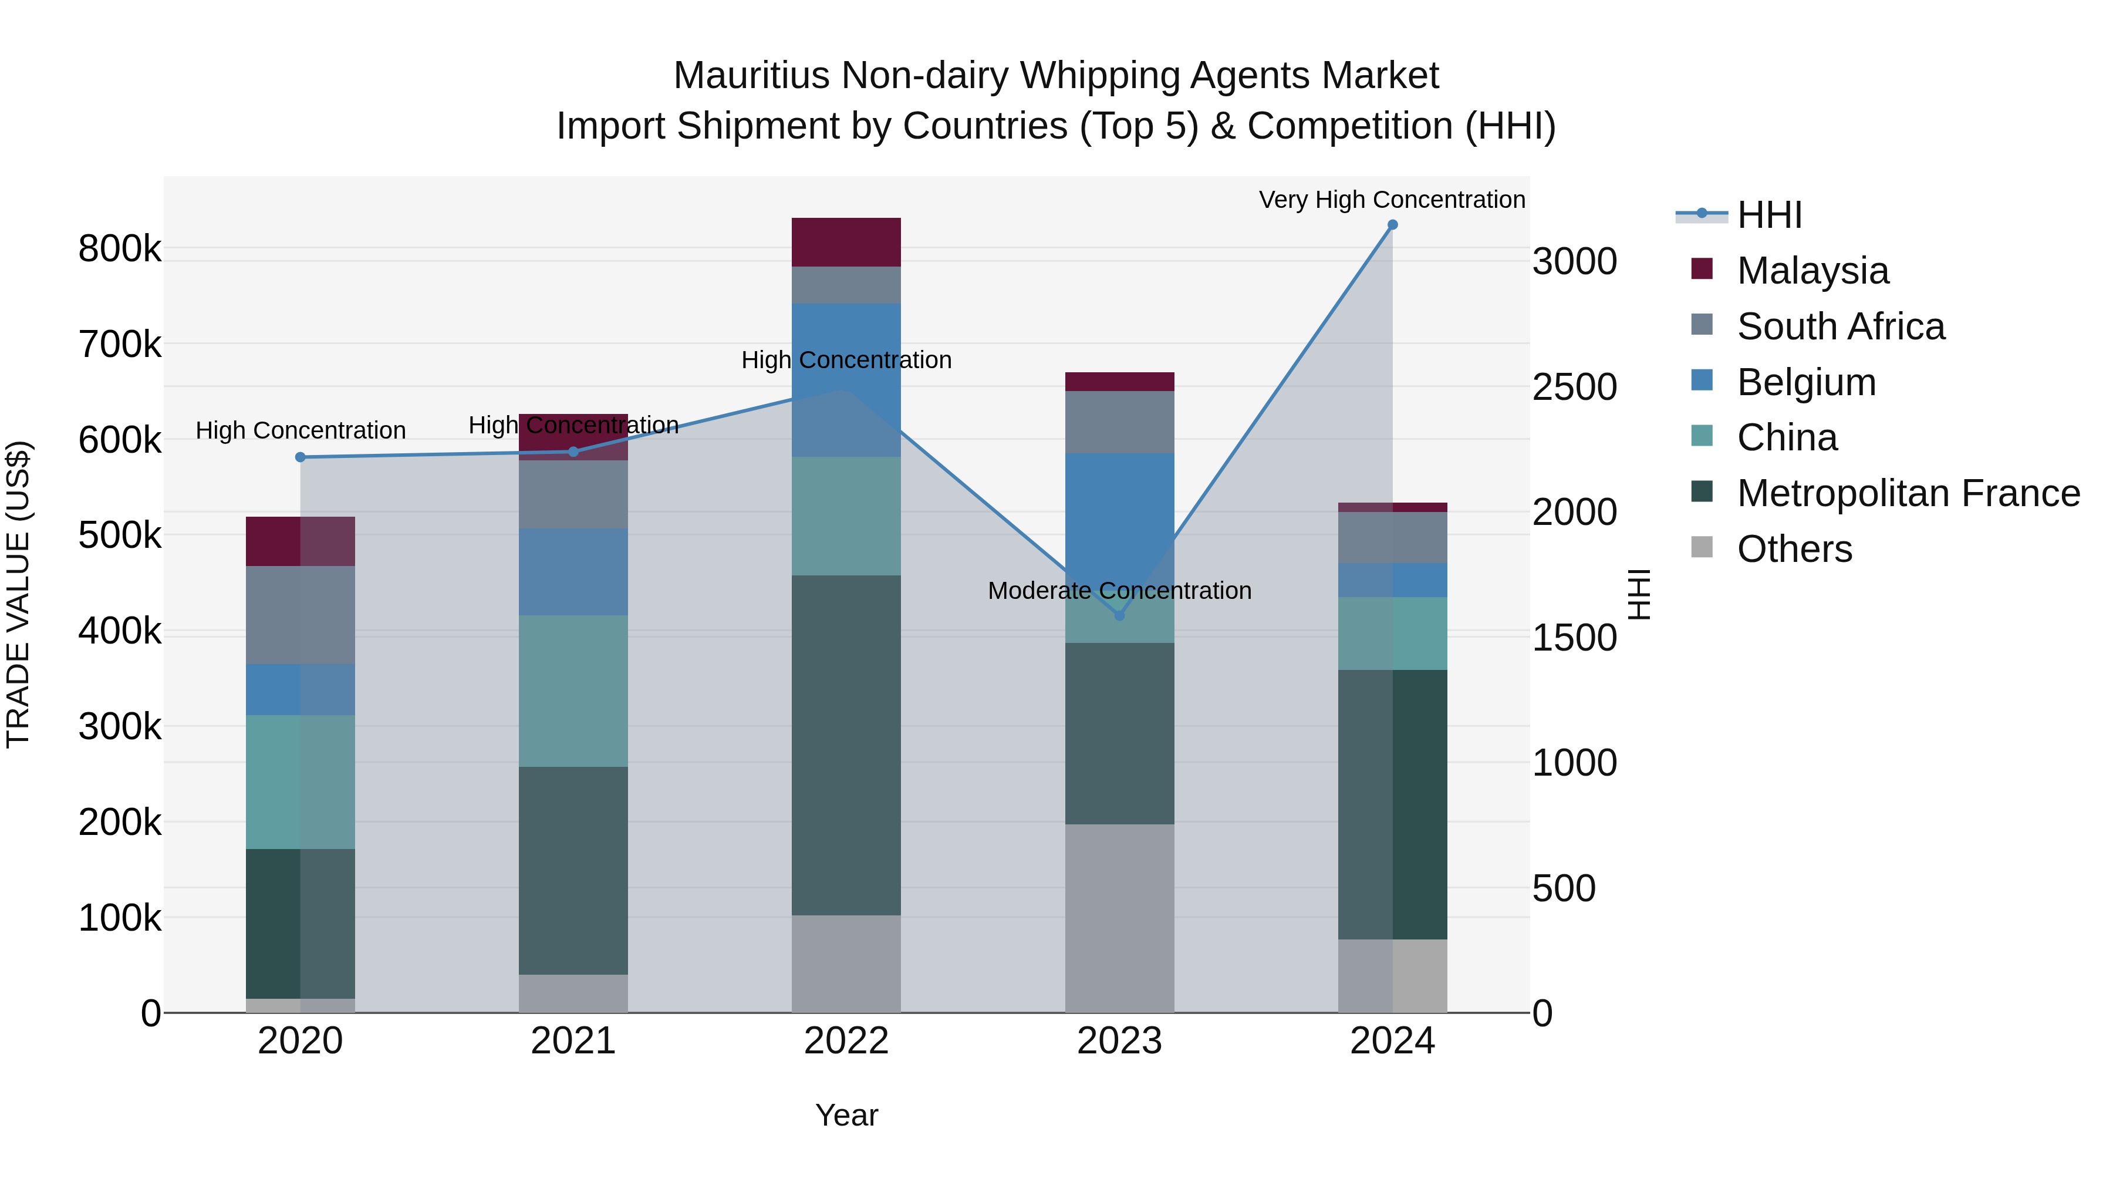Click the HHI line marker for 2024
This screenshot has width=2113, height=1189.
pos(1392,225)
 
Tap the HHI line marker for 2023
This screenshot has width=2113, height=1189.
pos(1120,615)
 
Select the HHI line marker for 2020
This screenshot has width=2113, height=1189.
pos(300,457)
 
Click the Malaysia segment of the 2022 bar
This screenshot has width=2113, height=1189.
pos(846,242)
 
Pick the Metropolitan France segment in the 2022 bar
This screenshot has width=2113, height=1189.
pos(846,745)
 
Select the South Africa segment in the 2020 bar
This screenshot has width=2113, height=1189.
pos(300,615)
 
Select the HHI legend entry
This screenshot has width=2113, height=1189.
pos(1768,215)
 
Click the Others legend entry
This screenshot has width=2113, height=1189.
pos(1793,549)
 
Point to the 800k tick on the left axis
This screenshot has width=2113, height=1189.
pos(120,248)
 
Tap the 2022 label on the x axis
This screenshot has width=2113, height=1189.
pos(846,1041)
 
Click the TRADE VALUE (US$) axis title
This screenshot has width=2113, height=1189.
pos(18,594)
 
